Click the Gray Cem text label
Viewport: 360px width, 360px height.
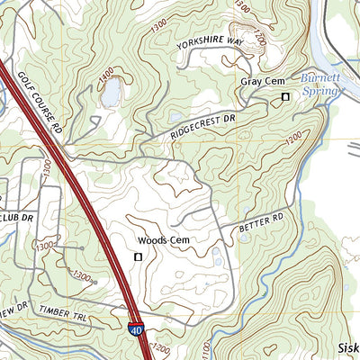pyautogui.click(x=262, y=82)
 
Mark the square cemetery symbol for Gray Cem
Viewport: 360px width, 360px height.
pyautogui.click(x=285, y=96)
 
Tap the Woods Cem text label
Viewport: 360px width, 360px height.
pyautogui.click(x=165, y=240)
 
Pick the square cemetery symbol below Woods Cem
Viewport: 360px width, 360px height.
pyautogui.click(x=138, y=257)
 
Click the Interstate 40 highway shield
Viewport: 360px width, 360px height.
pyautogui.click(x=134, y=332)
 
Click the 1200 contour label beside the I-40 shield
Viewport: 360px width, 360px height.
pyautogui.click(x=160, y=347)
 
